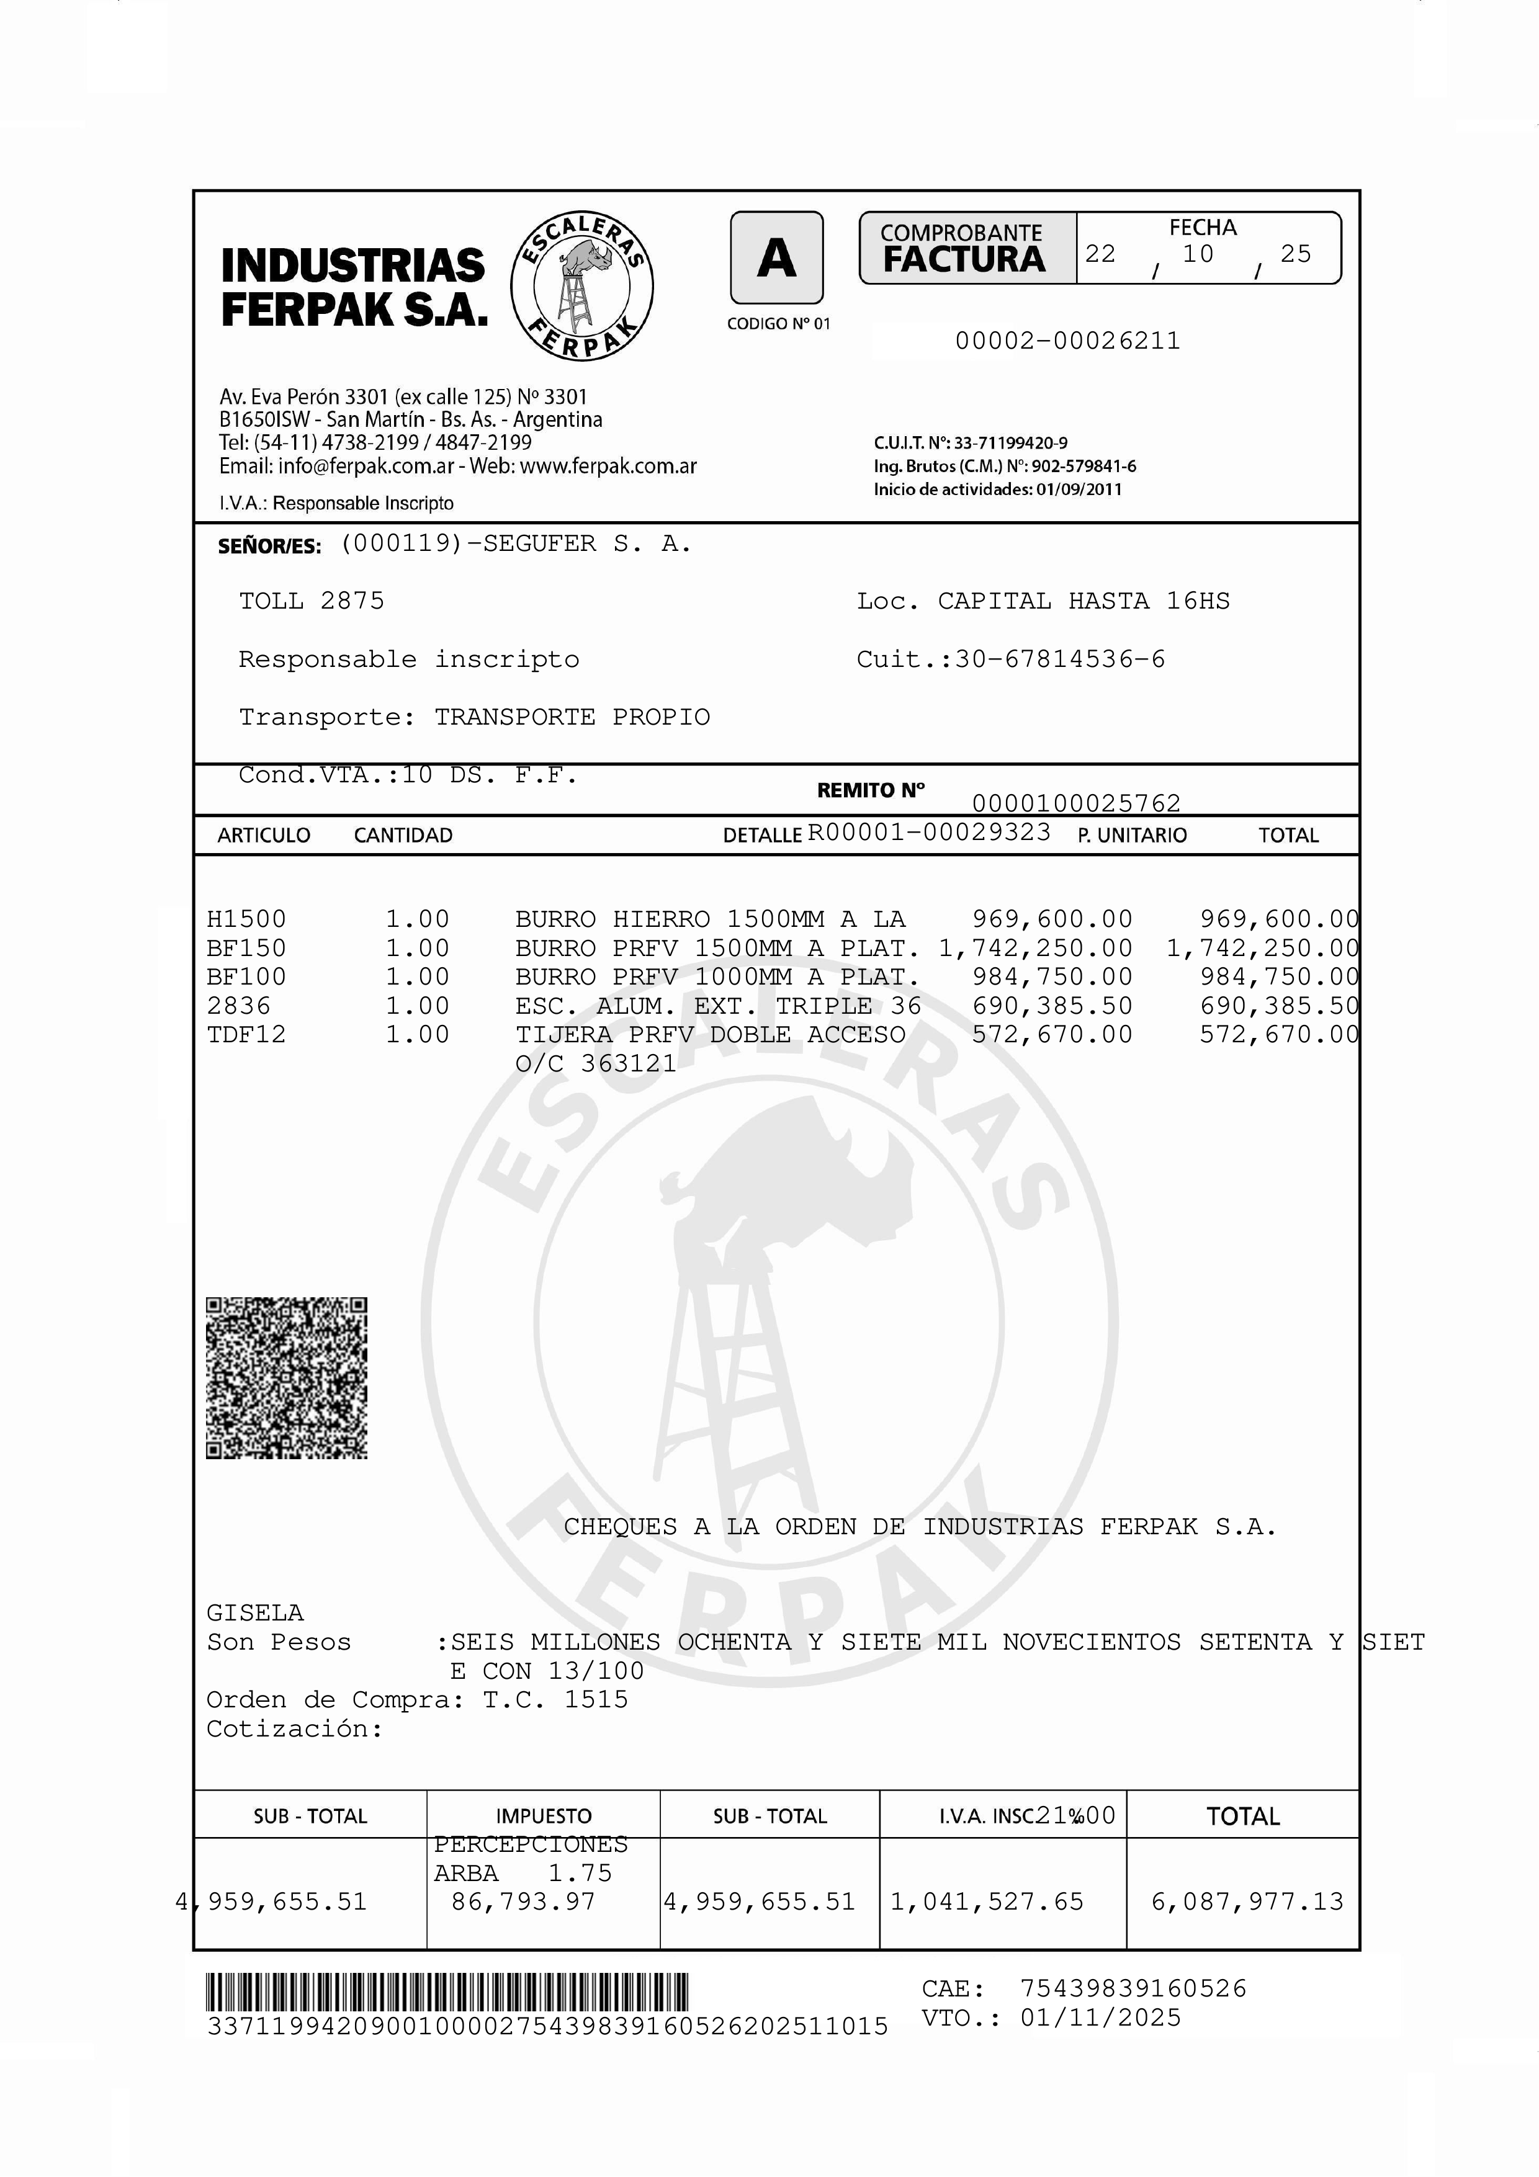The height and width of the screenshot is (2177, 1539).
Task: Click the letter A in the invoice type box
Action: click(776, 258)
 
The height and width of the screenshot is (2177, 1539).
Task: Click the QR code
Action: click(286, 1378)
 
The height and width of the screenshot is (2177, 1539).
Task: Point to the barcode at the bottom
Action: click(447, 1992)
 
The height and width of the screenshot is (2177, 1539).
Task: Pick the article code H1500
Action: click(246, 919)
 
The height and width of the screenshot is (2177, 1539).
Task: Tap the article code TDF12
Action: click(246, 1034)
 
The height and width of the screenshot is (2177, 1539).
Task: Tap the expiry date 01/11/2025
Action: click(1100, 2017)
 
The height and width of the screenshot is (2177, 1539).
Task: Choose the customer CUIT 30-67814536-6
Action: click(1059, 659)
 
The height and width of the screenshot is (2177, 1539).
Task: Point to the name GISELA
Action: click(255, 1613)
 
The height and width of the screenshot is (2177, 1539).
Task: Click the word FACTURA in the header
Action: click(963, 259)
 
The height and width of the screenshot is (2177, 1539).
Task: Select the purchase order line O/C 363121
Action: click(596, 1064)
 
